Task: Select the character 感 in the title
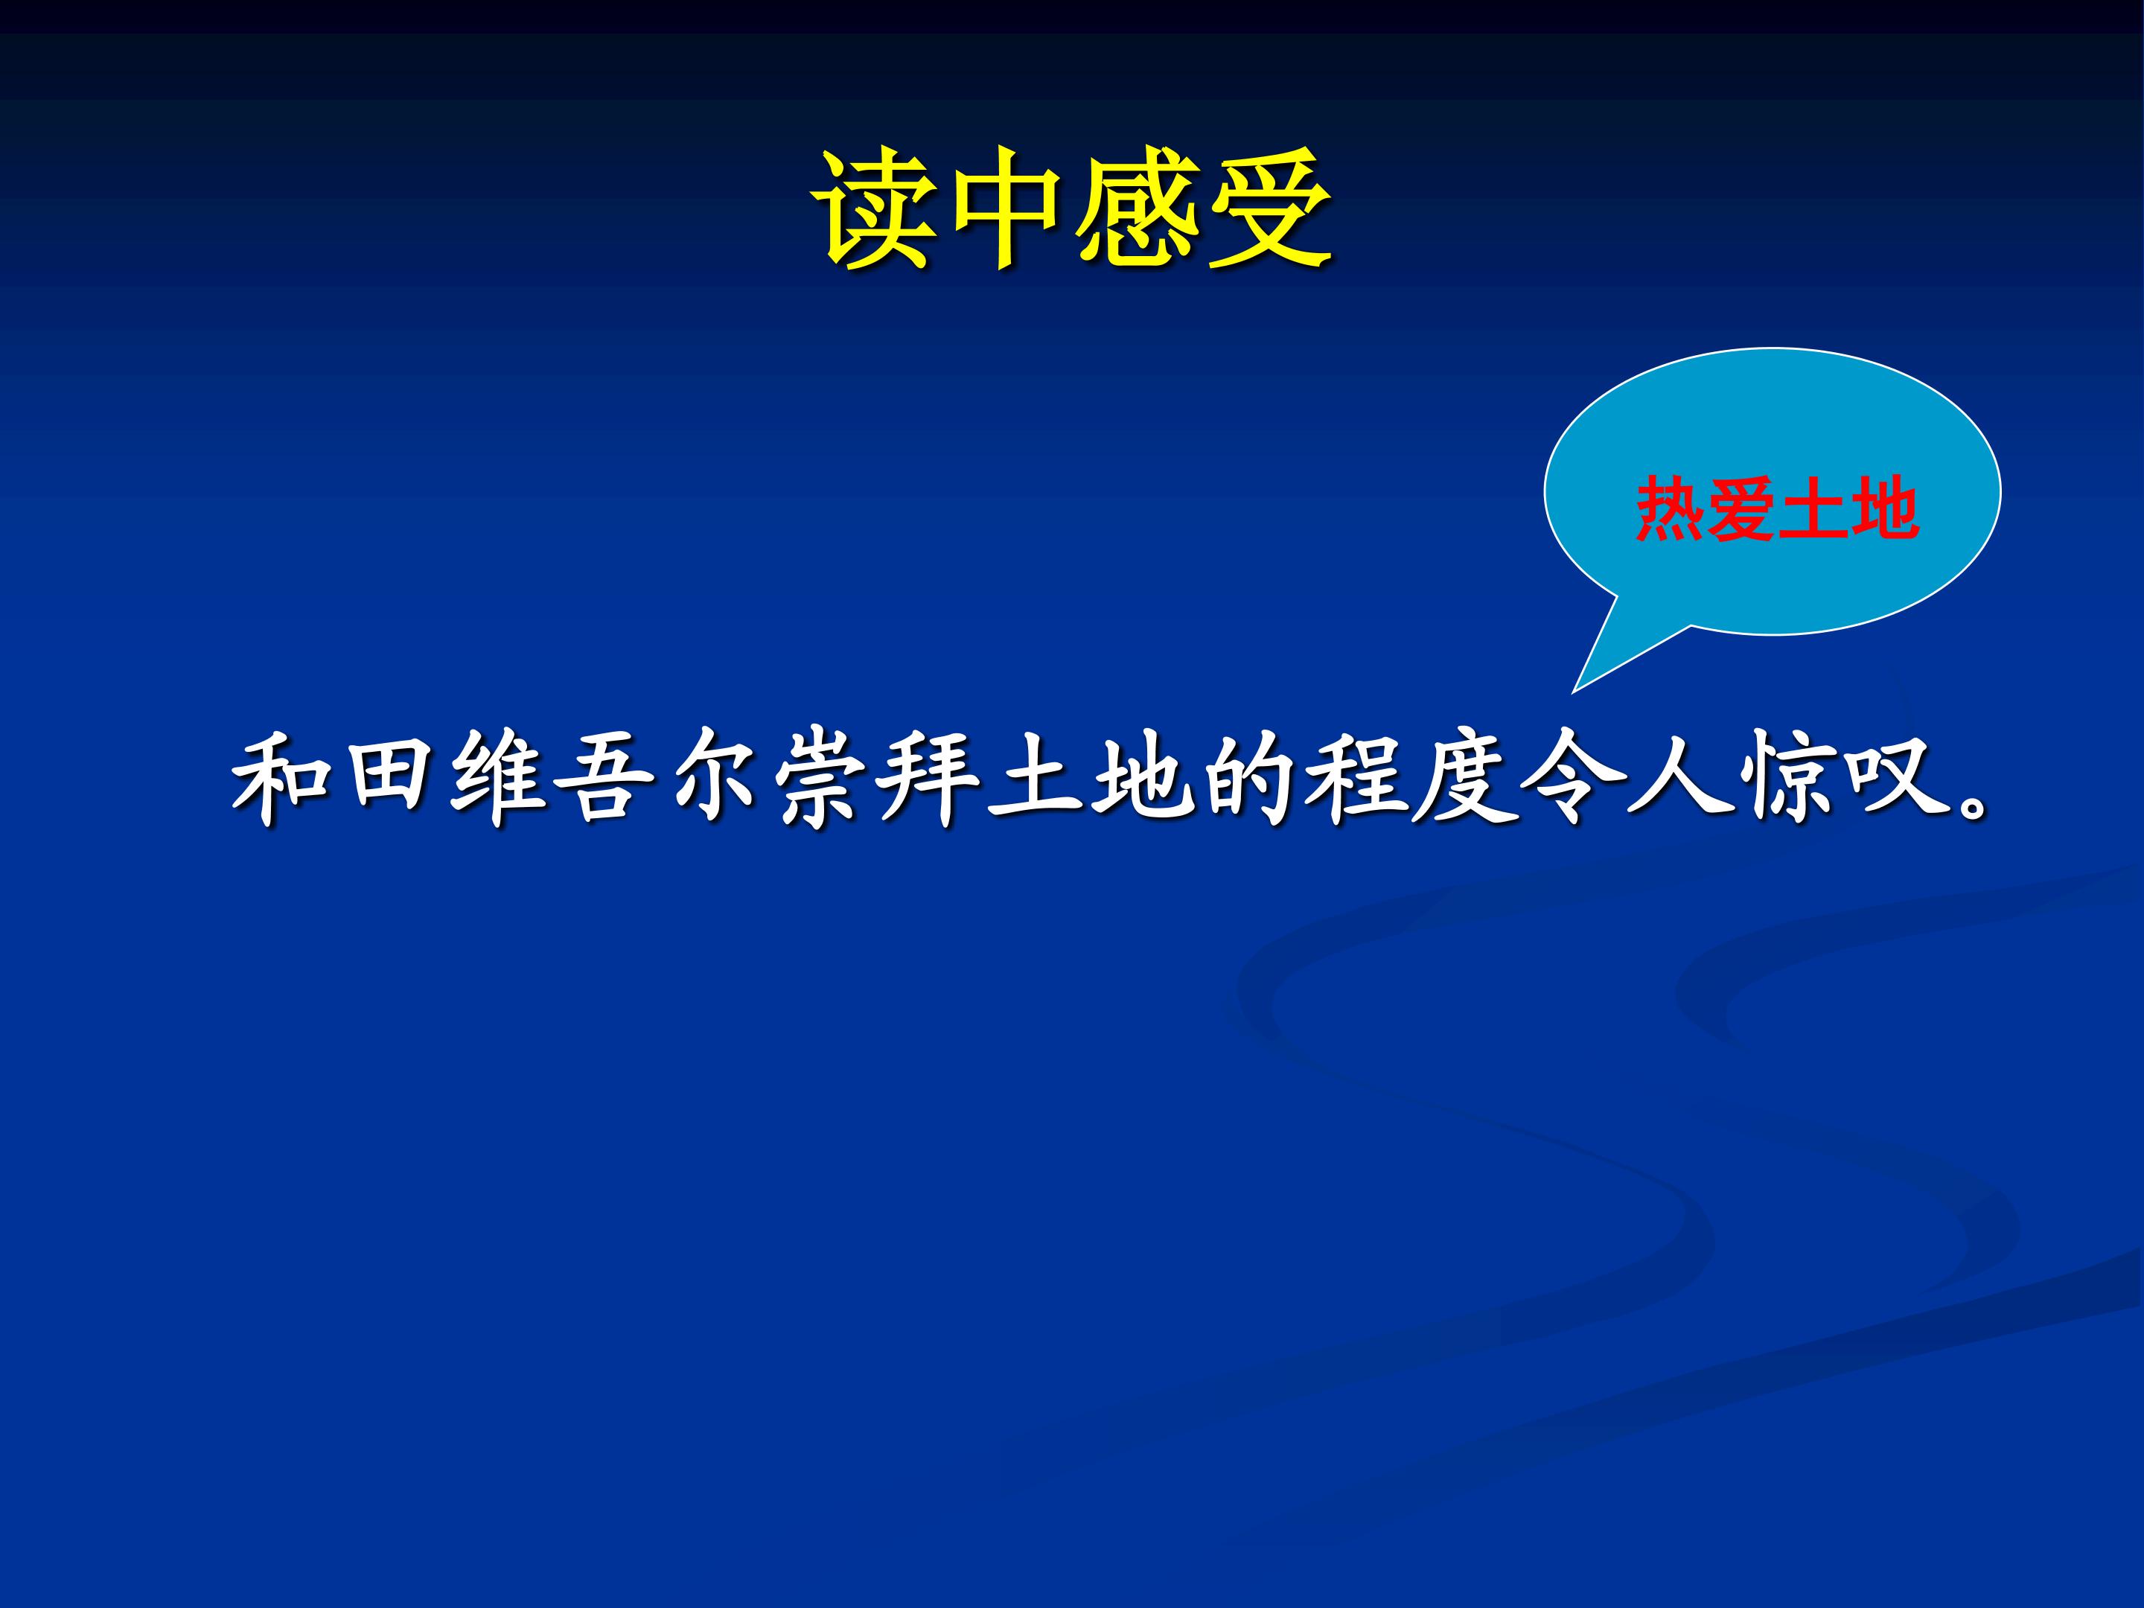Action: tap(1135, 209)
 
